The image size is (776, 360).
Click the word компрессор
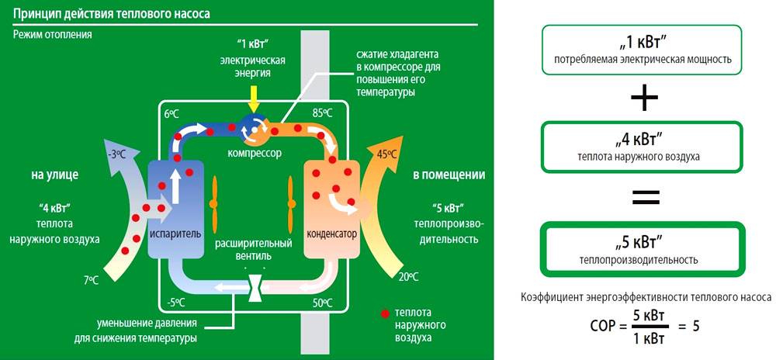click(254, 153)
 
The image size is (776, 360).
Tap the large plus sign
click(644, 99)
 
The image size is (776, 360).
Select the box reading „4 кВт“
click(643, 147)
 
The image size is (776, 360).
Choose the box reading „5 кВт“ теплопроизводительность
click(643, 247)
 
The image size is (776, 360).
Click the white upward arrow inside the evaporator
click(176, 184)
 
